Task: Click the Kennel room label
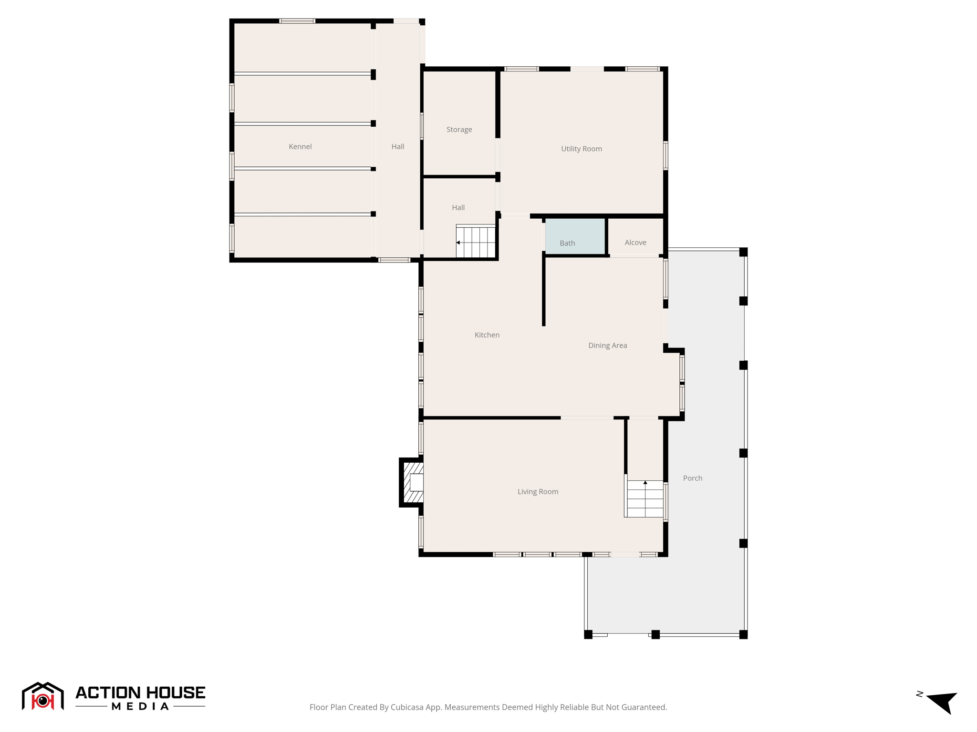point(300,146)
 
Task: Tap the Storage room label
point(459,129)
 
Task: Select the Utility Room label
point(581,149)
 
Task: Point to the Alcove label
point(635,242)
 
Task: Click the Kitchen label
point(487,335)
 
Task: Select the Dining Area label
point(607,345)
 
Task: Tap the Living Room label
point(538,491)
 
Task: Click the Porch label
point(692,478)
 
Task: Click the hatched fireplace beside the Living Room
point(413,482)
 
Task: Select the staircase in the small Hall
point(475,242)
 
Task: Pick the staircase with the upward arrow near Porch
point(644,498)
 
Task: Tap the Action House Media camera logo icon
point(42,697)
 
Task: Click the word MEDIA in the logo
point(140,706)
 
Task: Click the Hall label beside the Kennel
point(397,146)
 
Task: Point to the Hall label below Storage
point(458,207)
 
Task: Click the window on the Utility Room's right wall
point(665,155)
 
